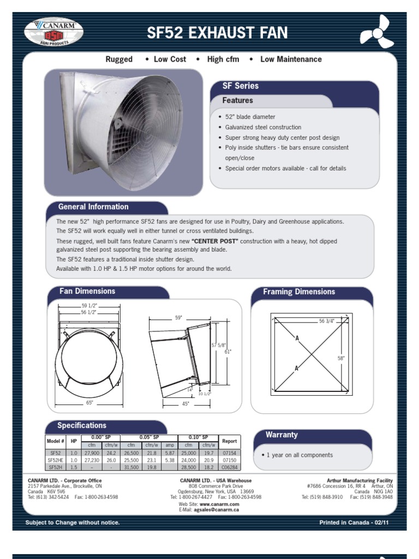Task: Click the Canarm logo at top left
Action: pos(53,32)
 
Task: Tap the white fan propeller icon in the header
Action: pos(376,32)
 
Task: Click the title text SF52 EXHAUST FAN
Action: pos(217,33)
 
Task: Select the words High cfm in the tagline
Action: pos(223,59)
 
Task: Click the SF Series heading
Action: pos(240,86)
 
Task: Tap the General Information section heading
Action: pos(93,207)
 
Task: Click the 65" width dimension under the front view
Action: pos(89,403)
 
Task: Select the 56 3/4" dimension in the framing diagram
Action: pos(328,322)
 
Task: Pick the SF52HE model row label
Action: pos(56,460)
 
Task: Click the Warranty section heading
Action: pos(282,435)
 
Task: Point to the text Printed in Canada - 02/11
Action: pos(355,523)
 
